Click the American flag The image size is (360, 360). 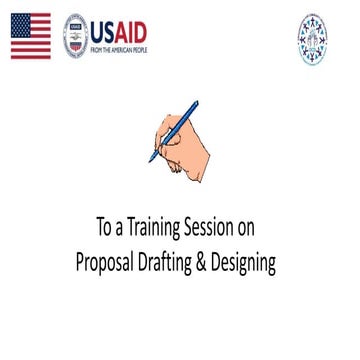[x=30, y=37]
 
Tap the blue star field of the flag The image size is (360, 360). [x=20, y=28]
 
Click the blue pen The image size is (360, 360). [x=174, y=130]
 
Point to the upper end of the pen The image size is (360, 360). [x=196, y=102]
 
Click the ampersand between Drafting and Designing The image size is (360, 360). [x=219, y=261]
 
